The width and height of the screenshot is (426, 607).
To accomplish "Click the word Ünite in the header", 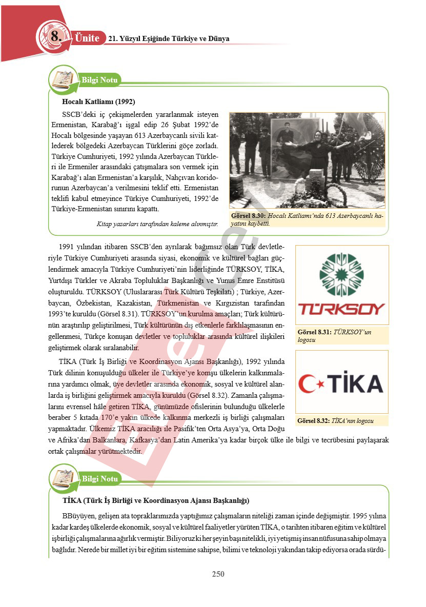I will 87,38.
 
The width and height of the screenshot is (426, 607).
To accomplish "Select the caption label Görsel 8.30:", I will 249,216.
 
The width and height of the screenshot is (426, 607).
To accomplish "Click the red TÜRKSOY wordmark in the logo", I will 342,309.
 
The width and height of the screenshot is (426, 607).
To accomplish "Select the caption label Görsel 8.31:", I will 314,332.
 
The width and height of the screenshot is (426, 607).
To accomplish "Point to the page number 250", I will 218,574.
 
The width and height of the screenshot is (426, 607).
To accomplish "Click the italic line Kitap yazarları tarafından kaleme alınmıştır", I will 157,224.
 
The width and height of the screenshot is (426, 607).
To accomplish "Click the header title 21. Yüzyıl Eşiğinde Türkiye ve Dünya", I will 169,39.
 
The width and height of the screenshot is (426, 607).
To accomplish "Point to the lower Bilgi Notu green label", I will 100,479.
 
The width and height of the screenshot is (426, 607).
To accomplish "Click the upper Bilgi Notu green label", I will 100,80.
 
